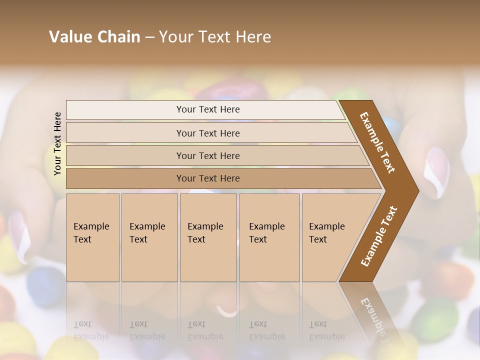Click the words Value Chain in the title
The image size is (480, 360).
pos(94,37)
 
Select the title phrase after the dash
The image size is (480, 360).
pos(215,37)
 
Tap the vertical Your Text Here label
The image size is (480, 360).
pos(57,143)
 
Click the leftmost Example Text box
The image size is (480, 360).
pos(92,237)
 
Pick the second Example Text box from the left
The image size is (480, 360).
pos(149,237)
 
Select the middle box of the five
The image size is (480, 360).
pos(208,237)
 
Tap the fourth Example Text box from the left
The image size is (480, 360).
pos(269,237)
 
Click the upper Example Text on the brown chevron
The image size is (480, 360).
pos(377,142)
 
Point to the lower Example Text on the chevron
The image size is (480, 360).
pos(378,236)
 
